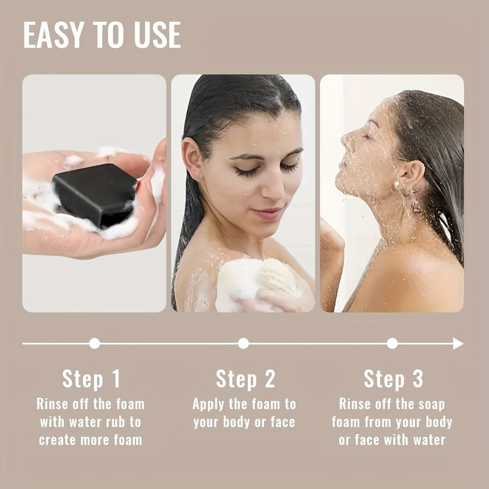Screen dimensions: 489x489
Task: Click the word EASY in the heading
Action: pyautogui.click(x=50, y=35)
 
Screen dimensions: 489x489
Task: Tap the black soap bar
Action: pyautogui.click(x=96, y=194)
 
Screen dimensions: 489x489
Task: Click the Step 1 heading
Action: pyautogui.click(x=91, y=379)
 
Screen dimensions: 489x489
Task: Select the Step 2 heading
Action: pyautogui.click(x=245, y=379)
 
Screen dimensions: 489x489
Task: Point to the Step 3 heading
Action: pyautogui.click(x=393, y=379)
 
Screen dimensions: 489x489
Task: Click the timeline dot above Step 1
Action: pyautogui.click(x=95, y=343)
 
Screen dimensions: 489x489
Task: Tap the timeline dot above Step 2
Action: pyautogui.click(x=243, y=343)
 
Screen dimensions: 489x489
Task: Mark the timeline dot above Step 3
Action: pyautogui.click(x=392, y=343)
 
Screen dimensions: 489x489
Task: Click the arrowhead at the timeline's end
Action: pyautogui.click(x=458, y=343)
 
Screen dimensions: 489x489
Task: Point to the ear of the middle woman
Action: pyautogui.click(x=191, y=159)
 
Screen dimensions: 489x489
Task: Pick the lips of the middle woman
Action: pyautogui.click(x=268, y=212)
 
